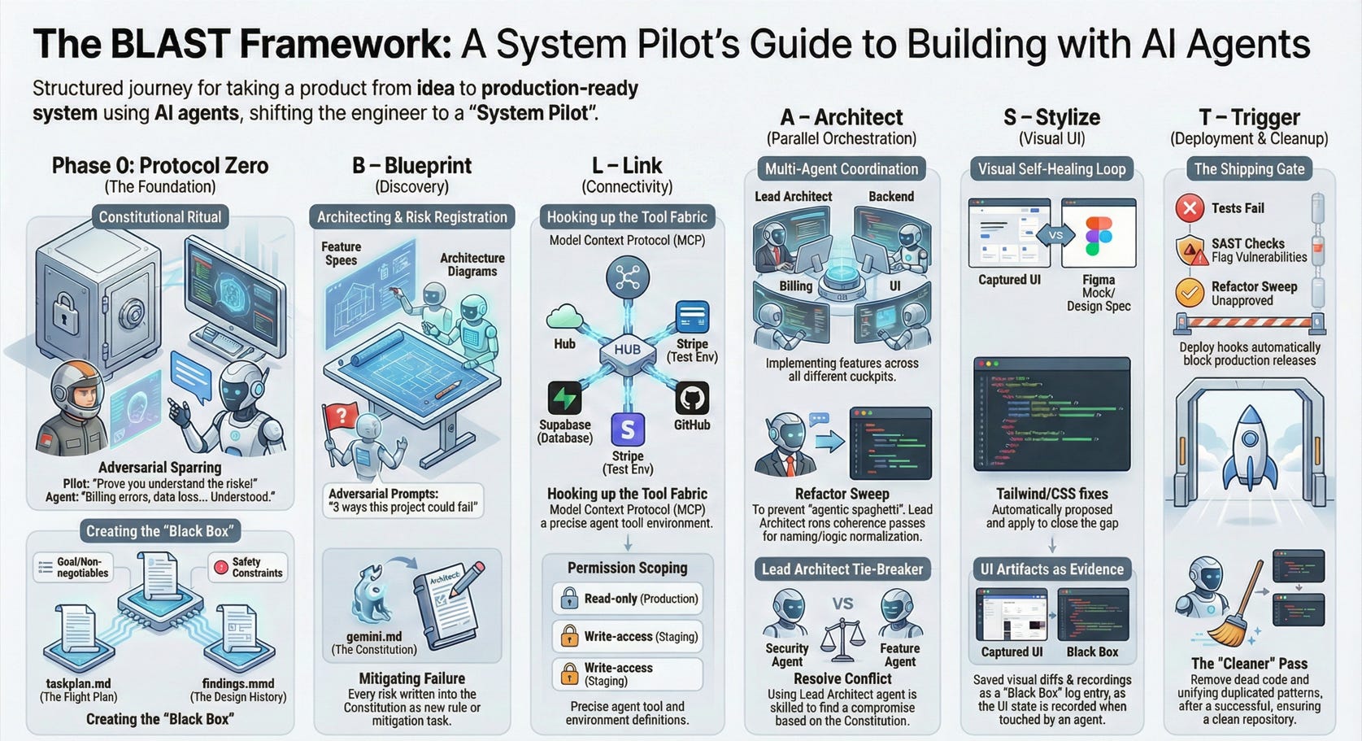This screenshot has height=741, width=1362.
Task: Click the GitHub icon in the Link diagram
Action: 692,399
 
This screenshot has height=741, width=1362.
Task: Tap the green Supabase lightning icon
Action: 564,399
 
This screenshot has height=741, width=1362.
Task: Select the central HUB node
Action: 627,350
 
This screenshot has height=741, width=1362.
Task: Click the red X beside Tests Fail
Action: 1190,208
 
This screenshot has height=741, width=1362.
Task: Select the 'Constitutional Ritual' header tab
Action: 160,217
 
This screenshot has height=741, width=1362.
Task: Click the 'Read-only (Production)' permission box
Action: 627,599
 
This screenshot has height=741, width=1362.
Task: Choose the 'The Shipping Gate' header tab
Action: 1248,169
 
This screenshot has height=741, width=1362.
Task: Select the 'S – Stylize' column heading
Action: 1051,118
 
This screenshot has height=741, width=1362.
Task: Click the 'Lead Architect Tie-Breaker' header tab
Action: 842,569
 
